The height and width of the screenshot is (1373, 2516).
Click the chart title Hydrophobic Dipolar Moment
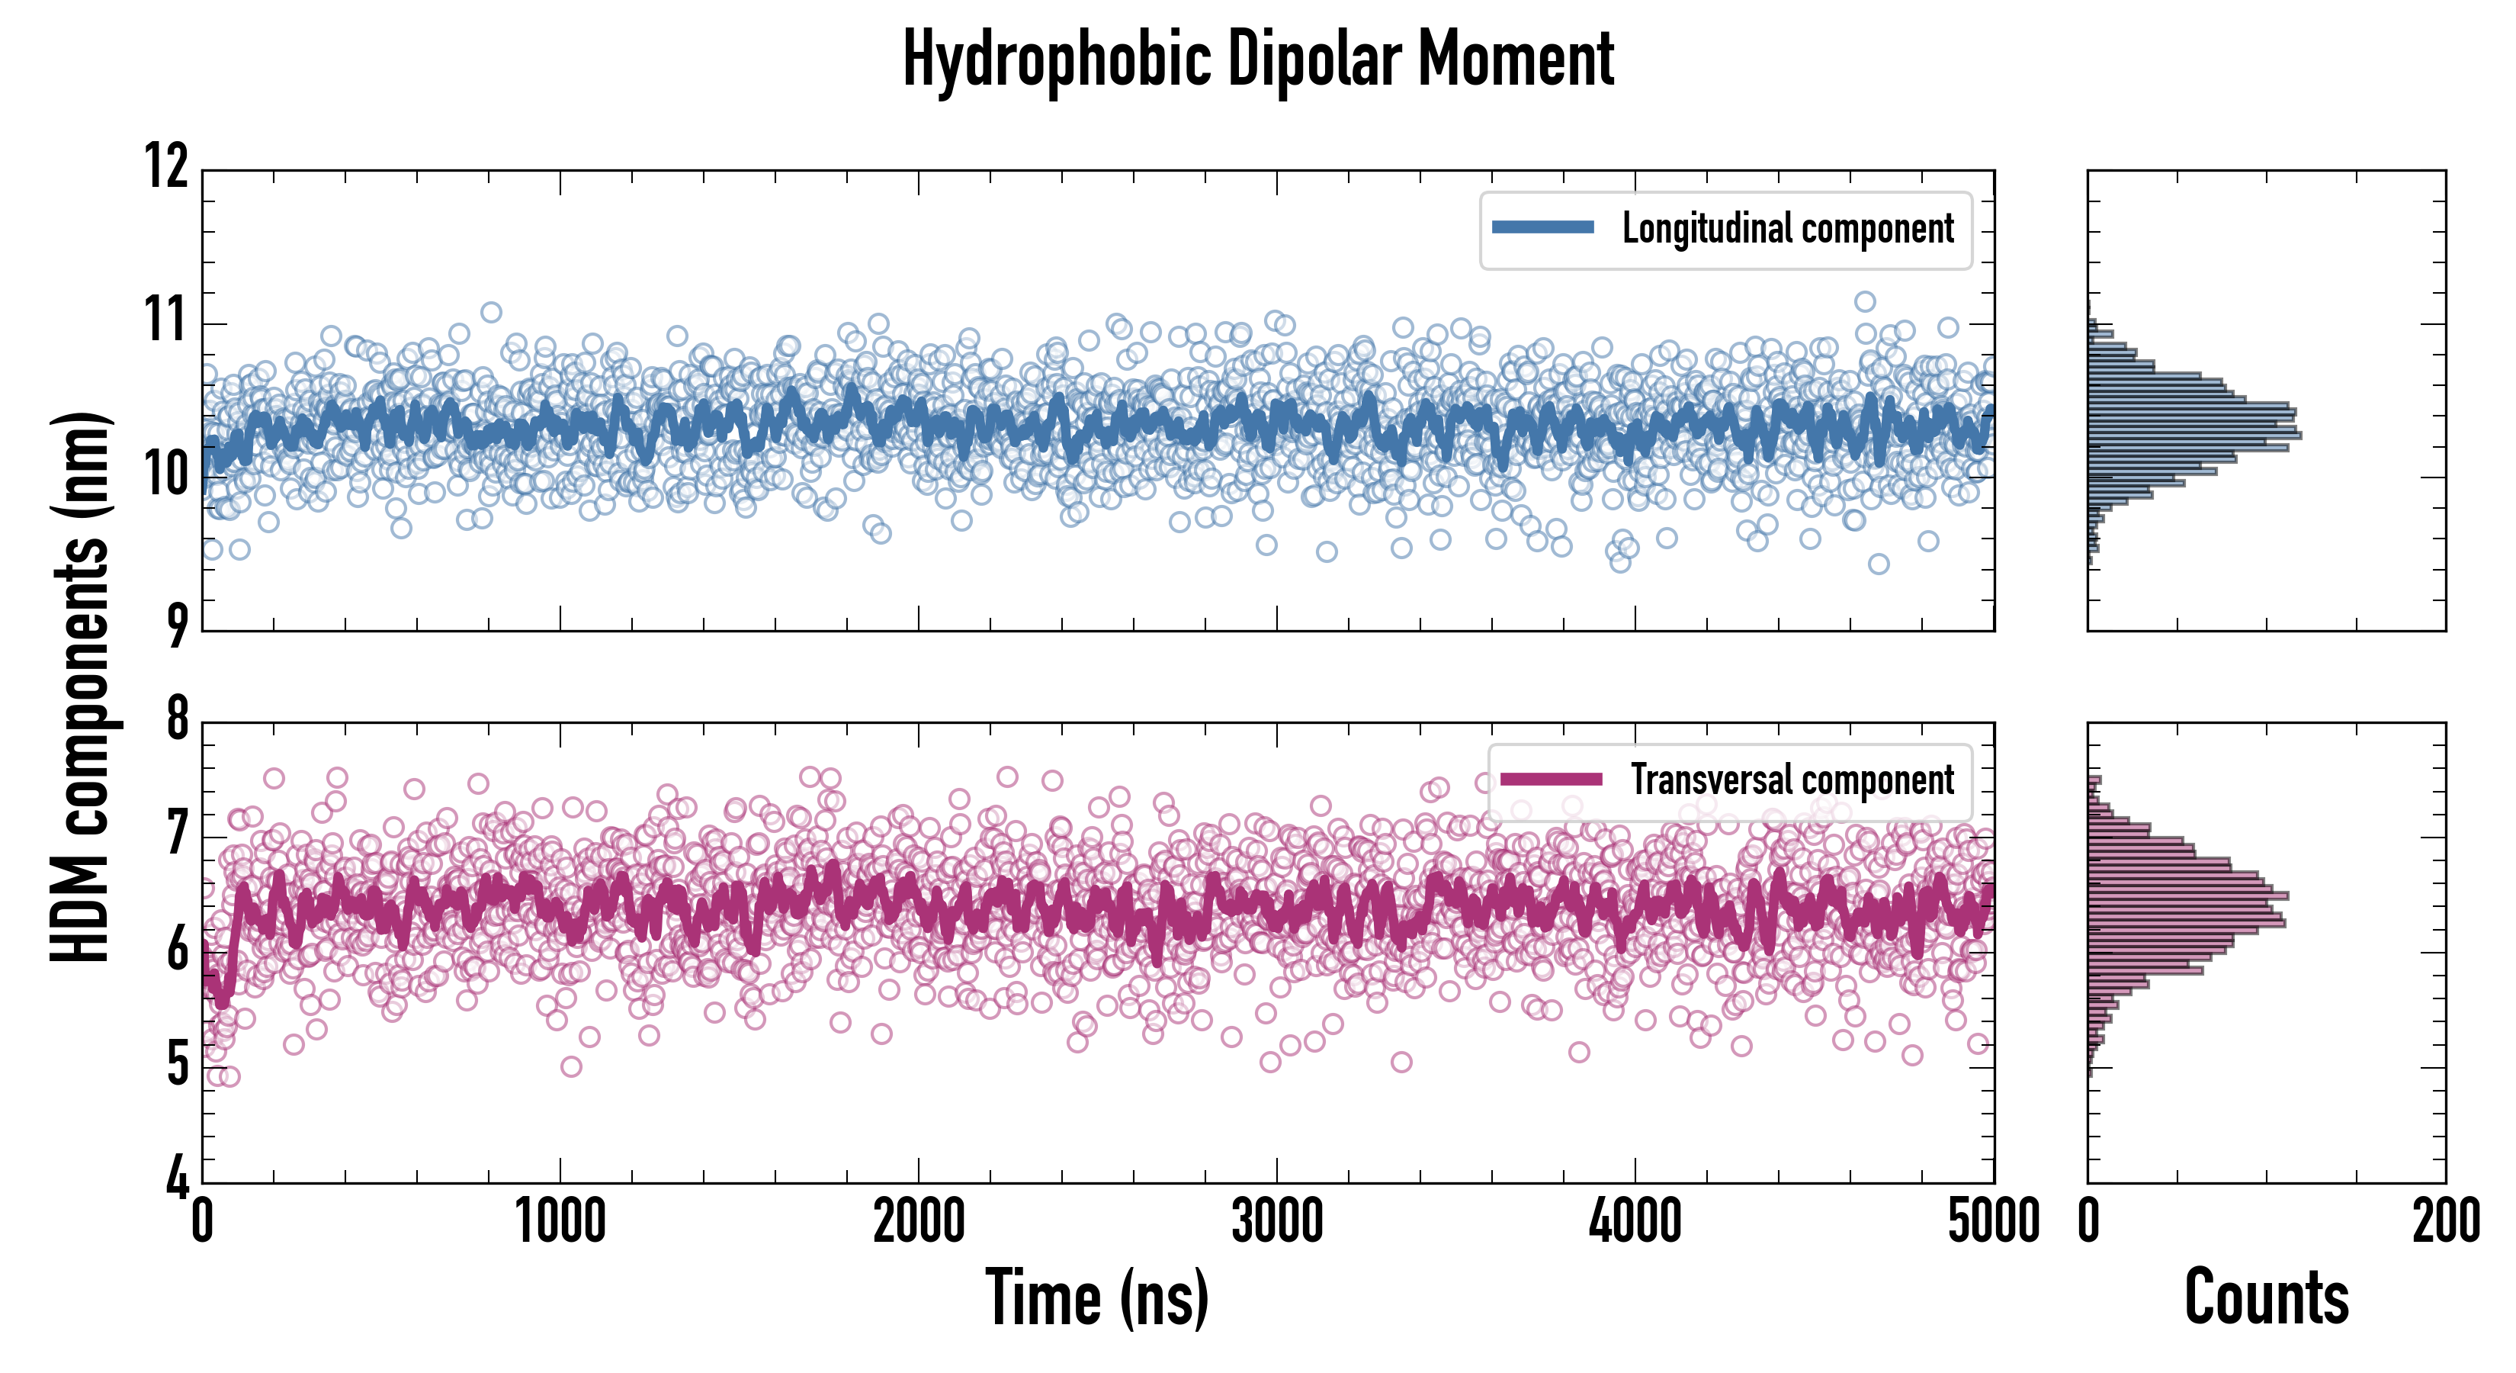[x=1258, y=60]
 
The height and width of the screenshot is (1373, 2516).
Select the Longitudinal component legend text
[x=1787, y=230]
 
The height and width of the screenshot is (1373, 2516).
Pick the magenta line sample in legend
[x=1551, y=779]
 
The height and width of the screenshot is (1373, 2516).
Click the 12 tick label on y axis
[x=167, y=166]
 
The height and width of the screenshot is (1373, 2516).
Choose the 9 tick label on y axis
[x=177, y=626]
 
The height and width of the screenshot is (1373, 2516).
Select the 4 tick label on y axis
[x=177, y=1178]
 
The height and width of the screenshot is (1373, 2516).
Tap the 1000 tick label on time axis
[x=560, y=1221]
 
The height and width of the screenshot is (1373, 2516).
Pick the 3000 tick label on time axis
[x=1276, y=1221]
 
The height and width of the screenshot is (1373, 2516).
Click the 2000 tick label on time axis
[x=918, y=1221]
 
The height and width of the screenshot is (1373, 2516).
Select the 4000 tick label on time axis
[x=1635, y=1221]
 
